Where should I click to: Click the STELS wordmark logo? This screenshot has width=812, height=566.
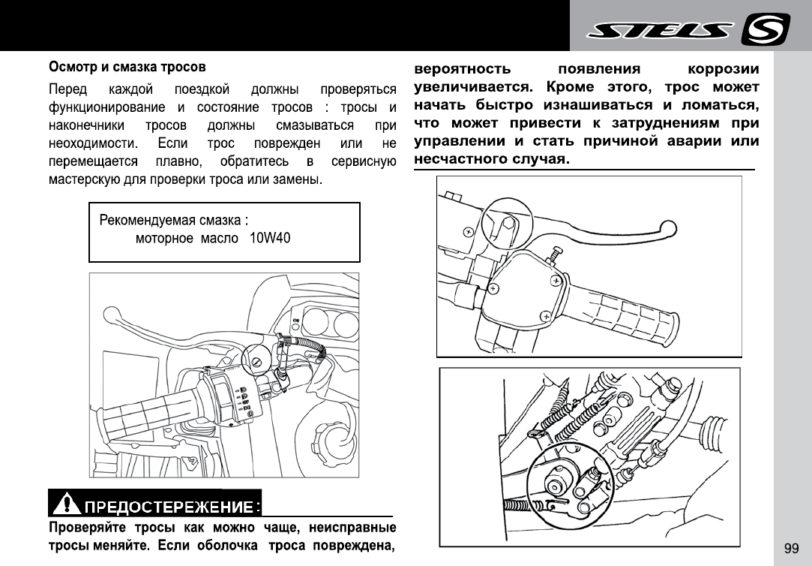[x=661, y=30]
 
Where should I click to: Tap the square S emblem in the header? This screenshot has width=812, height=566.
[x=766, y=30]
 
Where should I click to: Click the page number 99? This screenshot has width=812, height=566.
[x=791, y=548]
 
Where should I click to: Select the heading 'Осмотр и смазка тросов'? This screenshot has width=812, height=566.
[x=127, y=68]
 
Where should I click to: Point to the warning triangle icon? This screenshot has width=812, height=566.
[x=67, y=501]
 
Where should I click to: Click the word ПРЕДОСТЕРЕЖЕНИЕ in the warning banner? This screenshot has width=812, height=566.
[x=172, y=503]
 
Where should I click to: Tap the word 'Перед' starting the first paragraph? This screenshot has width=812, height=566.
[x=67, y=87]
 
